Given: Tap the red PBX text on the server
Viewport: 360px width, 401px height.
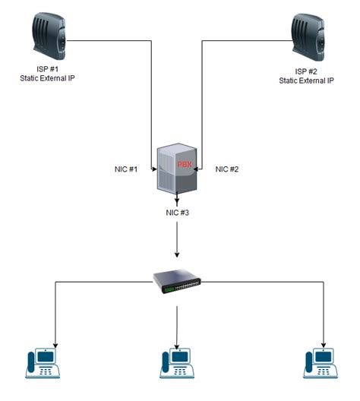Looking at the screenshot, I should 185,163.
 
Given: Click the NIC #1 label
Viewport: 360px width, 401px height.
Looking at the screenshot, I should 122,169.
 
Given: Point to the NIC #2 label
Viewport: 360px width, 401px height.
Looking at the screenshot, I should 227,169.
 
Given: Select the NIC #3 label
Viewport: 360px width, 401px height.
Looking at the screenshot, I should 176,212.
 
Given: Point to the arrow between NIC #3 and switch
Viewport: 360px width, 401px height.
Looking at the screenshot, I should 176,243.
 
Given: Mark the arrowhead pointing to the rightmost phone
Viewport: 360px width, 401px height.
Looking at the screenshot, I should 324,342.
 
